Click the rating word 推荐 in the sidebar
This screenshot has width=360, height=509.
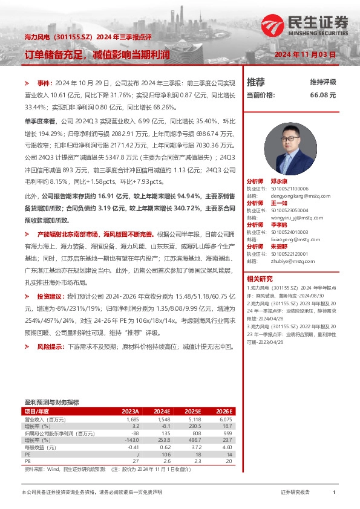(255, 82)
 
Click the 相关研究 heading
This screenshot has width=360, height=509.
(259, 278)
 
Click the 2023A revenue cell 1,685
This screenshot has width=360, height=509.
(133, 419)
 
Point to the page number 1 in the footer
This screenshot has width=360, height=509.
(334, 493)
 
